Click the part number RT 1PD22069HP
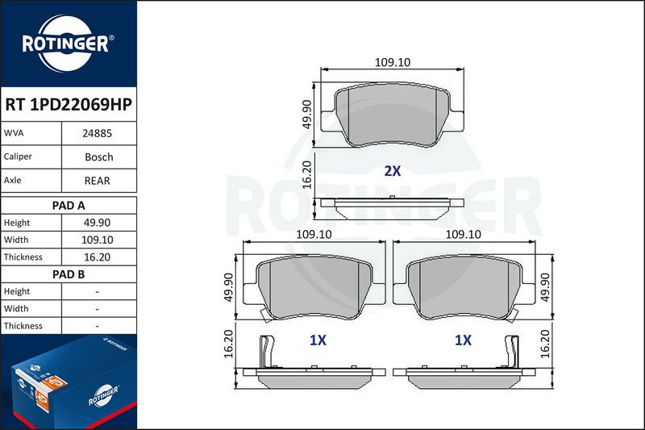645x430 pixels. pos(69,104)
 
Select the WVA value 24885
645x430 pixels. pos(97,133)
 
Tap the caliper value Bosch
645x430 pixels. pos(98,157)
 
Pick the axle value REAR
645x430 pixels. pos(97,181)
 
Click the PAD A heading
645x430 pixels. pos(69,206)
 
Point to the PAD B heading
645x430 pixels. pos(69,274)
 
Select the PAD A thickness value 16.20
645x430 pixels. pos(97,257)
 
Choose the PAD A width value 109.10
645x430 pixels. pos(97,240)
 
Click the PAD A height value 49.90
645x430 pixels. pos(97,223)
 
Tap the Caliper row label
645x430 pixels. pos(18,157)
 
